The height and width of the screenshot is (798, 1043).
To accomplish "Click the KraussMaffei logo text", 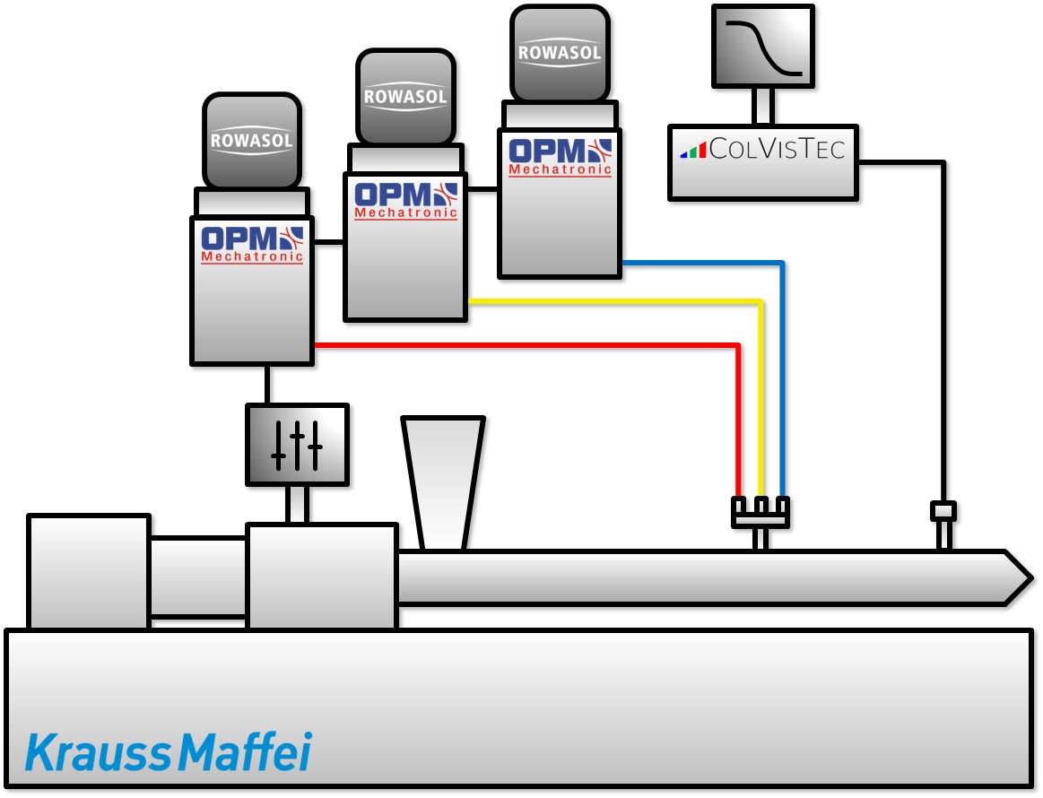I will (x=168, y=752).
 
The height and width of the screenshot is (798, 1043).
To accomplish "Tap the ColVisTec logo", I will (x=762, y=149).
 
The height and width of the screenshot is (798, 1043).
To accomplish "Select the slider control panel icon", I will (x=297, y=445).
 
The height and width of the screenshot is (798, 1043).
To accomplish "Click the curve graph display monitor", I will (x=763, y=46).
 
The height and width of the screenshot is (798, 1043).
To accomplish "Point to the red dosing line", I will (x=538, y=345).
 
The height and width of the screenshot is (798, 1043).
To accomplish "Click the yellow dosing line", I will (x=610, y=301).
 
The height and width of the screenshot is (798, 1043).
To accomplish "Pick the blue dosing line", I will (x=700, y=264).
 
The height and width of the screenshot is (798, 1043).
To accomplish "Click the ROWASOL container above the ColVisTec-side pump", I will (x=559, y=52).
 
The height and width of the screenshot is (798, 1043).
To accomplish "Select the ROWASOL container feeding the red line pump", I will (x=251, y=141).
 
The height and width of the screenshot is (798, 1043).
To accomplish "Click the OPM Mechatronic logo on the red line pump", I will (x=252, y=245).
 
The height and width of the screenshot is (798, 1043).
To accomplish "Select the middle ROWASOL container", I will (x=405, y=96).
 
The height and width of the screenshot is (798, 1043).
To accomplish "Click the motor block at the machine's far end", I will (x=88, y=572).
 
